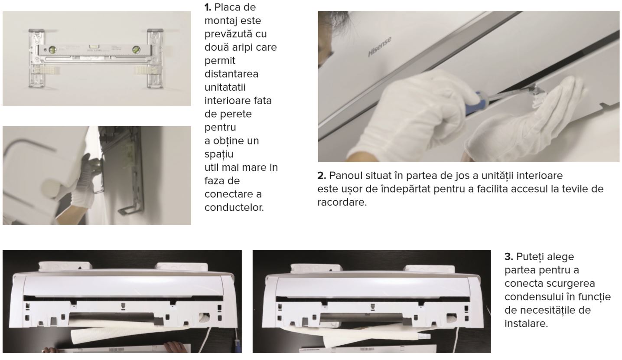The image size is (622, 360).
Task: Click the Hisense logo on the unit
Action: [380, 47]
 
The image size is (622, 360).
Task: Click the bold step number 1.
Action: [208, 7]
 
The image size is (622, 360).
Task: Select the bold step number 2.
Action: [322, 176]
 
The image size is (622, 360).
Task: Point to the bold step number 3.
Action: [509, 257]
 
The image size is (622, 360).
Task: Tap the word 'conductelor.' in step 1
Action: [234, 207]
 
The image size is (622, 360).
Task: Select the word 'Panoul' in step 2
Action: [345, 176]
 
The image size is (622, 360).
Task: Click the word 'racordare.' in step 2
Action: [342, 202]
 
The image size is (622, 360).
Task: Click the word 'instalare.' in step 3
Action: [526, 323]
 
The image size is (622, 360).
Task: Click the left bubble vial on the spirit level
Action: [52, 50]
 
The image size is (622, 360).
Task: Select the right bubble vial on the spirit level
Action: [136, 49]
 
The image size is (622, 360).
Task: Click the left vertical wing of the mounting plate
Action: [36, 59]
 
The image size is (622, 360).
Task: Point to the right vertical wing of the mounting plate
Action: [155, 59]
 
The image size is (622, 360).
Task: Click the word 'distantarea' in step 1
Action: [231, 74]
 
